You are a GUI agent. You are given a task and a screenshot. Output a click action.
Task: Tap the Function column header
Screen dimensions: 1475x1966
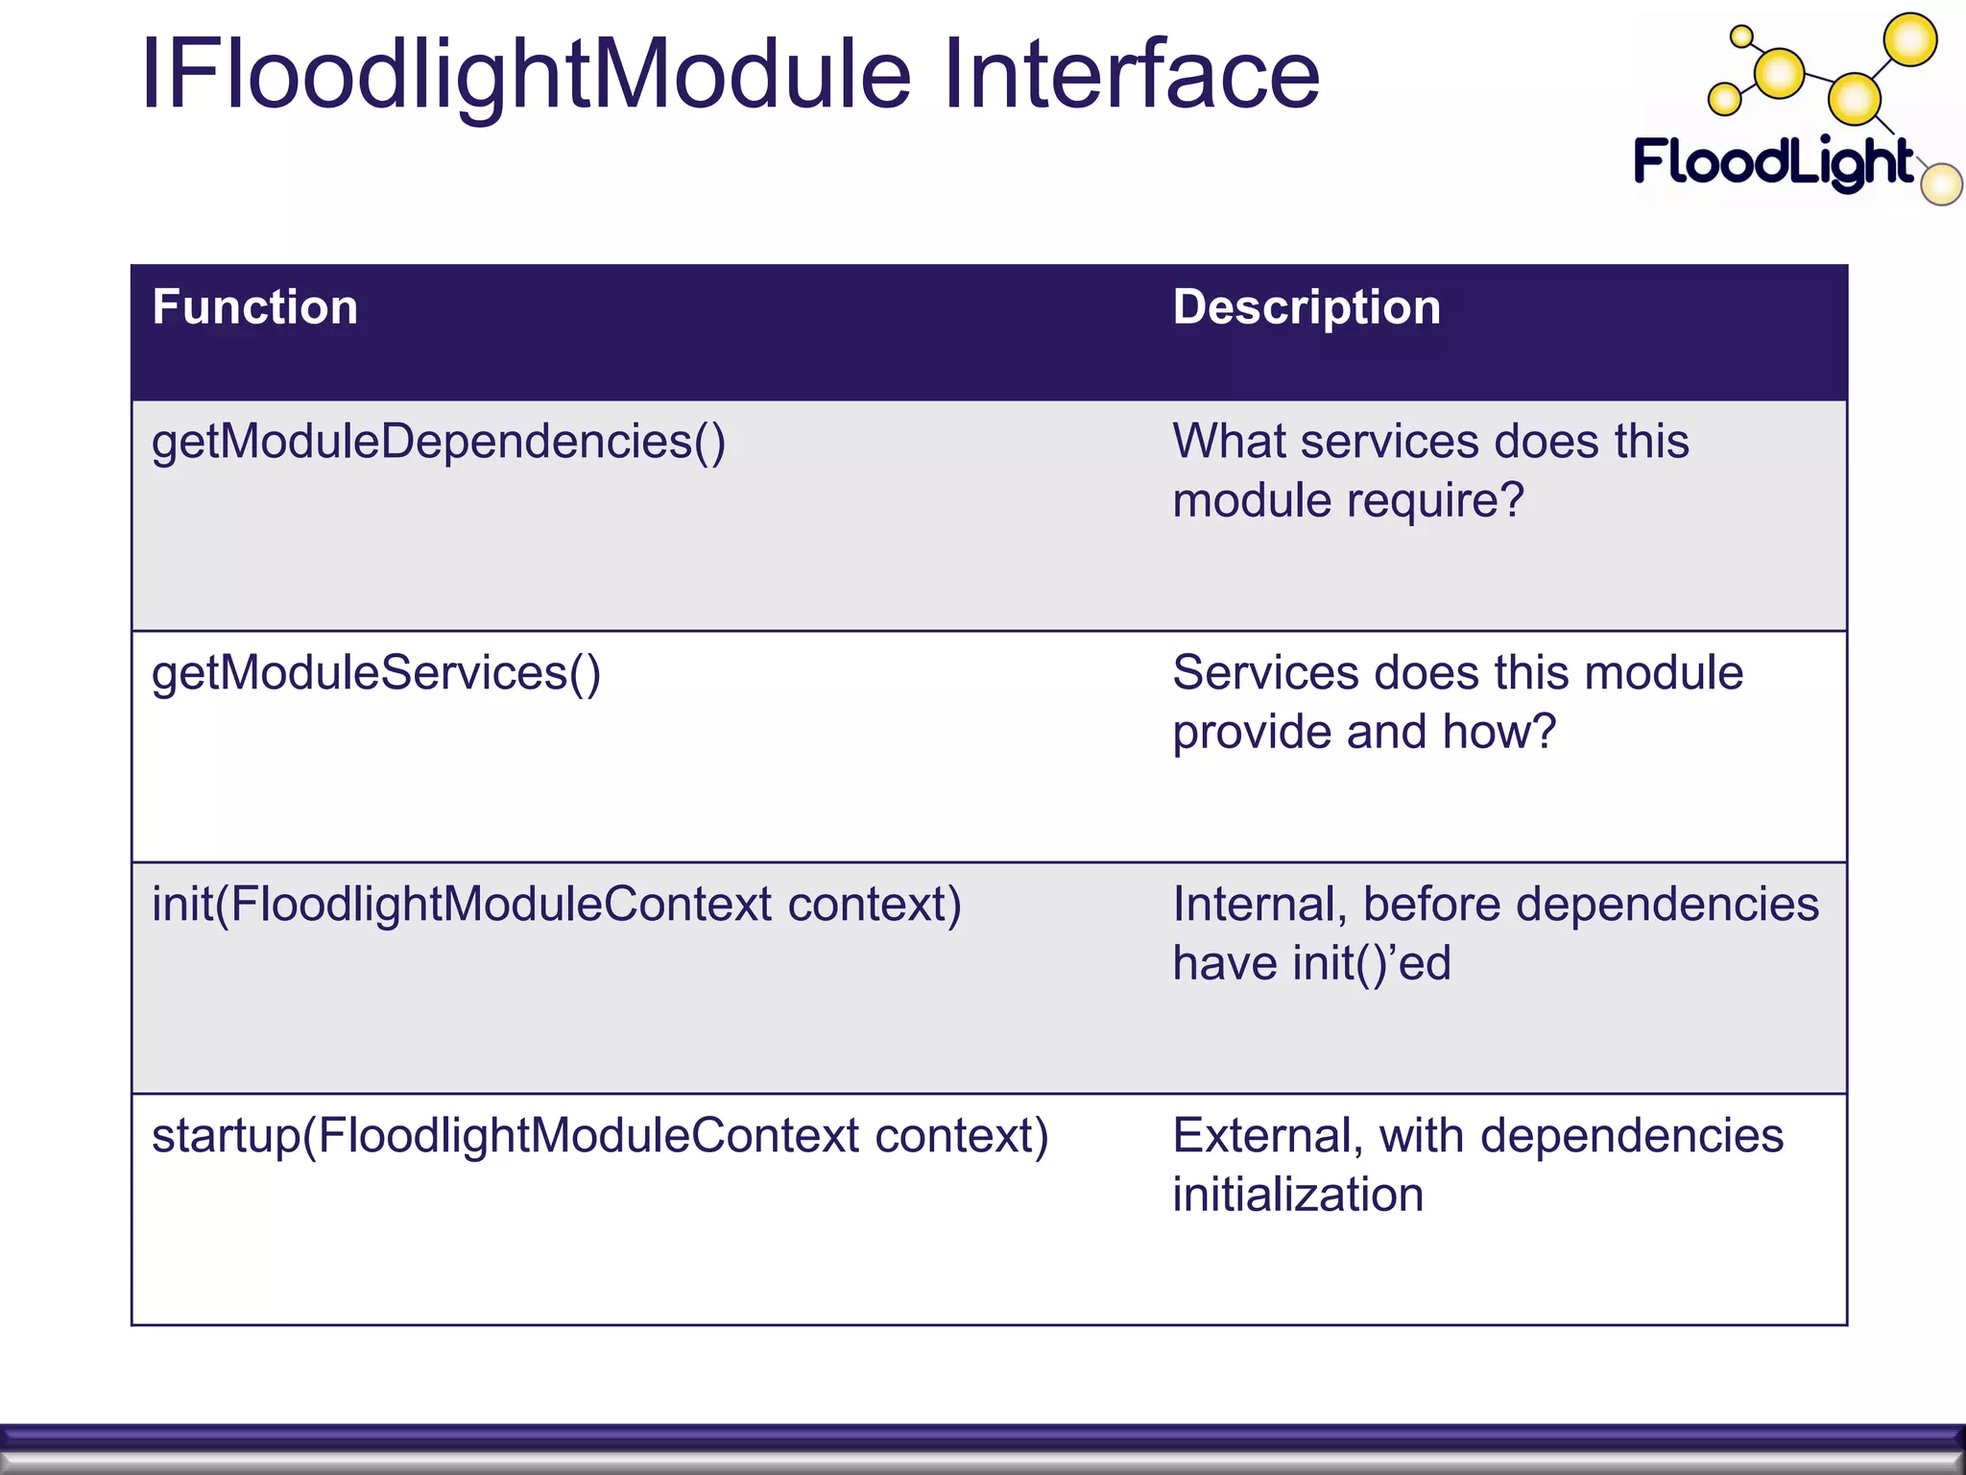pos(254,307)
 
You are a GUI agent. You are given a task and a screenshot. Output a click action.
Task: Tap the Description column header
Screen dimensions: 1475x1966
pos(1307,307)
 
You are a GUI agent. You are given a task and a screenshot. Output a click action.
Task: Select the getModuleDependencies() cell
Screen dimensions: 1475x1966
pos(439,443)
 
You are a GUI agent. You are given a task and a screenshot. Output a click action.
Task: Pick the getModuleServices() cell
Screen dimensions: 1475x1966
pos(376,673)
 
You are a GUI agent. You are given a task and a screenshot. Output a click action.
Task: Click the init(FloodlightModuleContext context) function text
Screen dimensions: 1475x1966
pos(557,905)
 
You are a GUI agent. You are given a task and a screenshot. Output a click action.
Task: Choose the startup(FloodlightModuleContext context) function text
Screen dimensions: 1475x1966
pos(600,1136)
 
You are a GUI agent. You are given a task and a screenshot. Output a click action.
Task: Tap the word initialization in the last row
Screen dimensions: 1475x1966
pos(1298,1196)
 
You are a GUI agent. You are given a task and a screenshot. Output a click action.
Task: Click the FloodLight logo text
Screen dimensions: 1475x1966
pos(1774,162)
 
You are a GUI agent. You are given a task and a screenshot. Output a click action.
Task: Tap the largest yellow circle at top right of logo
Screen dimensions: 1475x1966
pos(1910,40)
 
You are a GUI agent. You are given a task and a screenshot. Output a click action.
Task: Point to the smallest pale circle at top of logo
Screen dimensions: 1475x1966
pos(1740,37)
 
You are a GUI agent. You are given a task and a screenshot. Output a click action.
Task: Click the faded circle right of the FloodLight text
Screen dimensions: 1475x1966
pos(1942,184)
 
